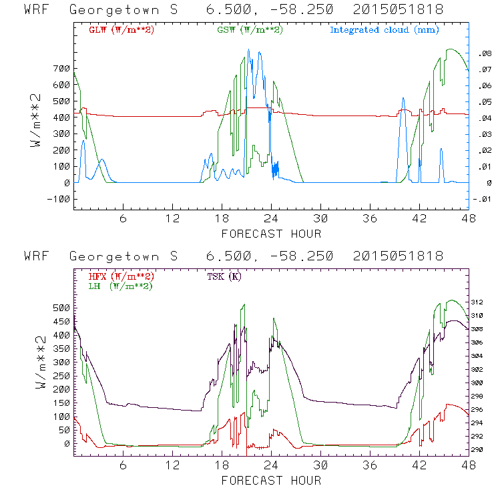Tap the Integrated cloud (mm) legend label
click(383, 30)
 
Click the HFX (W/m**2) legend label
click(121, 276)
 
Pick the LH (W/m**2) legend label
click(119, 286)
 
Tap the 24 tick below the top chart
click(271, 219)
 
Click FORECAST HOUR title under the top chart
click(271, 234)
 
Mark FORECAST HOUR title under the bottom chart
click(271, 480)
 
